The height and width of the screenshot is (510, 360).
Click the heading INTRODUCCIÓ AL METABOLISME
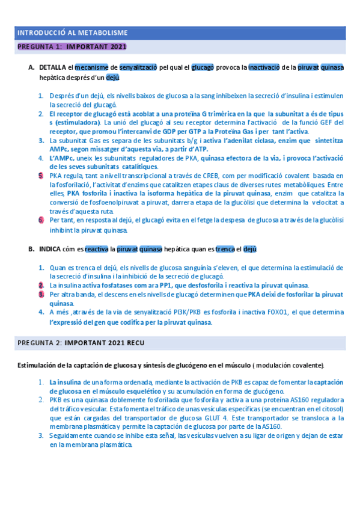tap(72, 32)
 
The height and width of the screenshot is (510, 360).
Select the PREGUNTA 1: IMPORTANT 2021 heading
tap(72, 46)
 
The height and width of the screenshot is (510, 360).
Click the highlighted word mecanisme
tap(91, 67)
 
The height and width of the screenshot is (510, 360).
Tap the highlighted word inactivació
tap(264, 67)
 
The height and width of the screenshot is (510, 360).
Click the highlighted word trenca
tap(225, 249)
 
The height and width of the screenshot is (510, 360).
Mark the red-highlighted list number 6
tap(41, 220)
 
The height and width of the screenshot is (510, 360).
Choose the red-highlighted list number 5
tap(41, 175)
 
